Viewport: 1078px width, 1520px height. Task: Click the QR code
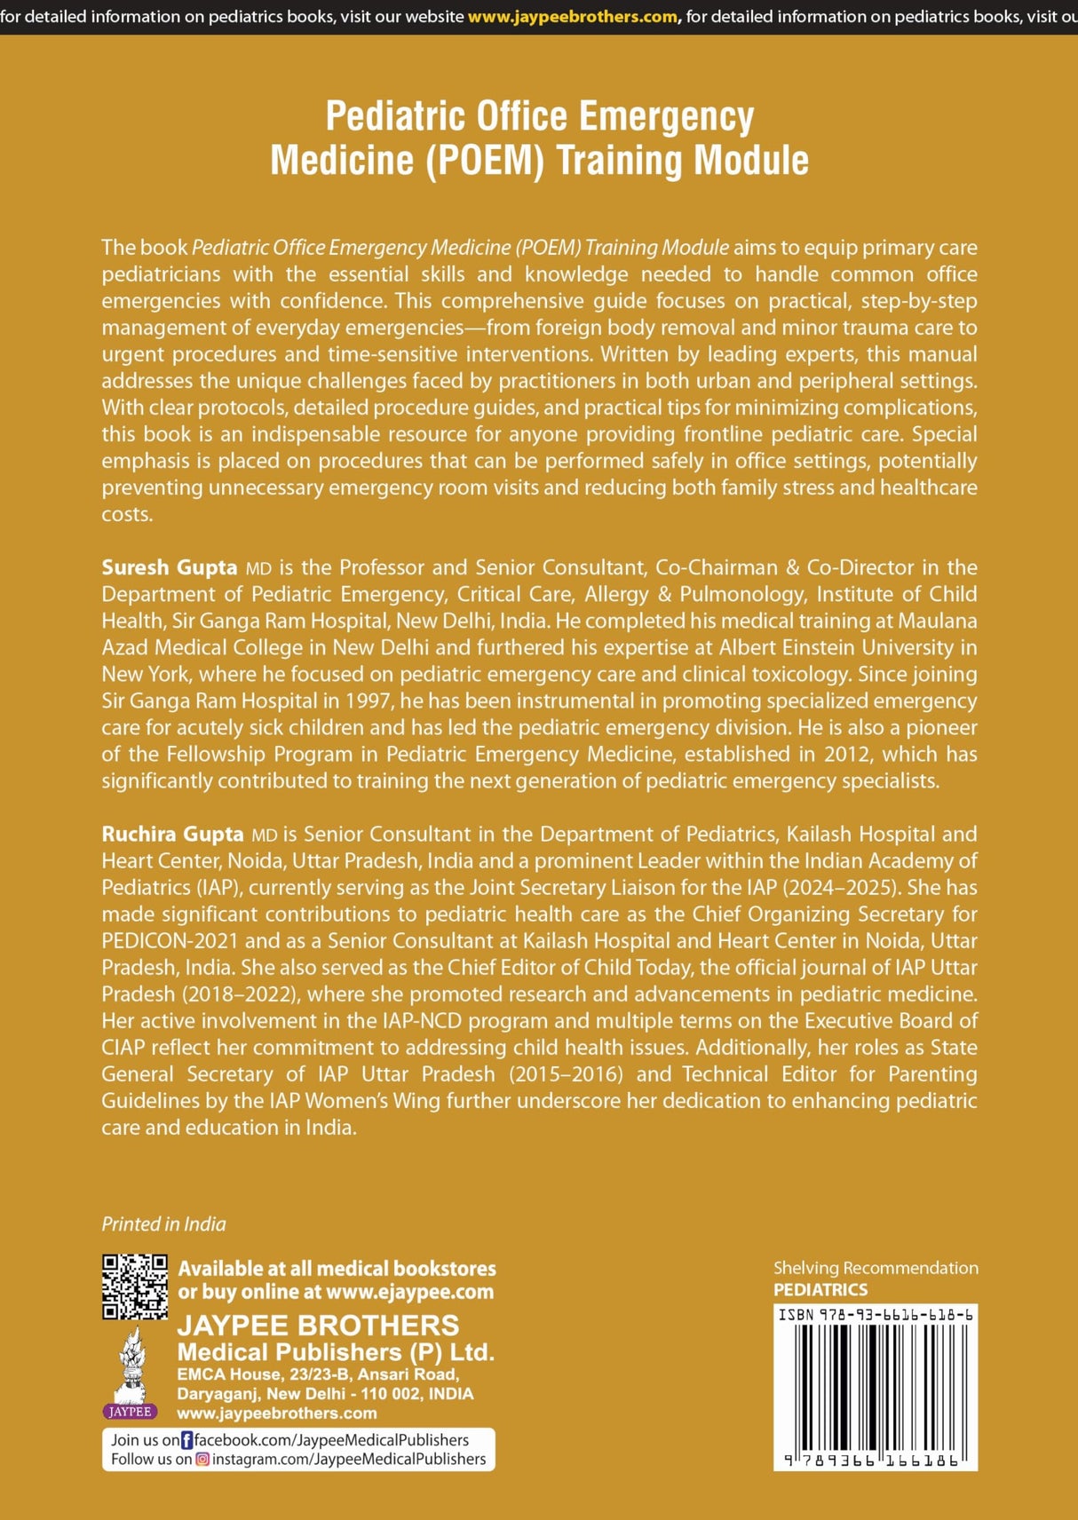point(134,1286)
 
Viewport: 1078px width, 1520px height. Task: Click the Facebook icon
point(186,1440)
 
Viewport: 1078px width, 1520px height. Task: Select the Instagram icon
point(202,1459)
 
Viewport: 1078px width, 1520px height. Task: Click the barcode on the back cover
point(876,1389)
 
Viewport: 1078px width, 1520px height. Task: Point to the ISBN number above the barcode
point(876,1315)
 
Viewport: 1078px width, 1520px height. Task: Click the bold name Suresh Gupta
point(169,567)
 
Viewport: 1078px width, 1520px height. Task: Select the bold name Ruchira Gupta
point(172,834)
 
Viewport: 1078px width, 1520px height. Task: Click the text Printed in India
point(163,1224)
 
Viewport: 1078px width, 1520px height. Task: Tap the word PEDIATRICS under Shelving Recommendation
point(820,1290)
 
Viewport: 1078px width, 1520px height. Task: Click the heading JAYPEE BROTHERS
point(318,1326)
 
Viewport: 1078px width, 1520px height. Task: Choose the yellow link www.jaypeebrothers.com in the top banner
point(572,17)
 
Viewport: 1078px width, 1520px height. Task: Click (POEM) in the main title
point(485,161)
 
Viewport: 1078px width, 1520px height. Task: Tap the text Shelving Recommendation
point(876,1268)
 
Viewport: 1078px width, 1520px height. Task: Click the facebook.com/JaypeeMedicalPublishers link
point(331,1440)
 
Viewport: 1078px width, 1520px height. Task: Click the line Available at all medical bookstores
point(337,1269)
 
